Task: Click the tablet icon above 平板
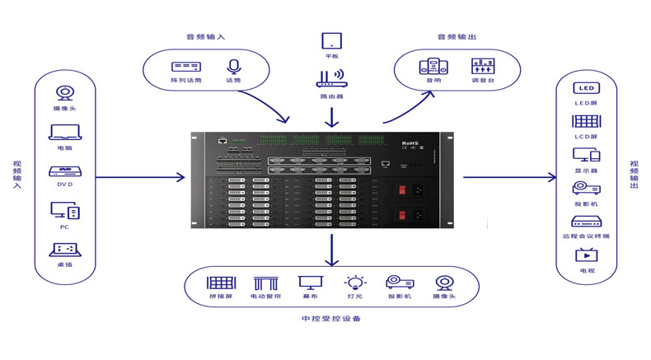click(x=331, y=40)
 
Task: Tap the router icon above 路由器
click(x=331, y=80)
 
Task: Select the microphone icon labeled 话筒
click(x=232, y=66)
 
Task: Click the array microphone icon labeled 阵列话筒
click(x=185, y=66)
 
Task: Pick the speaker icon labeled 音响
click(x=433, y=66)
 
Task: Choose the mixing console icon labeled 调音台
click(x=482, y=66)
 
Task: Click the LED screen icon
click(x=586, y=88)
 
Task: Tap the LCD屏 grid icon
click(x=586, y=120)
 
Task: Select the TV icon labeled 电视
click(x=586, y=255)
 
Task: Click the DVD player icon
click(x=63, y=172)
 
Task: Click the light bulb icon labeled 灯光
click(x=354, y=283)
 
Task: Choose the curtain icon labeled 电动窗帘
click(x=265, y=283)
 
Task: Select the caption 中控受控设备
click(x=331, y=318)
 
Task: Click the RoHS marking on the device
click(x=410, y=142)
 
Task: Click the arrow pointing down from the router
click(x=331, y=116)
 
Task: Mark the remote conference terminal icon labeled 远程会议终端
click(x=586, y=222)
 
